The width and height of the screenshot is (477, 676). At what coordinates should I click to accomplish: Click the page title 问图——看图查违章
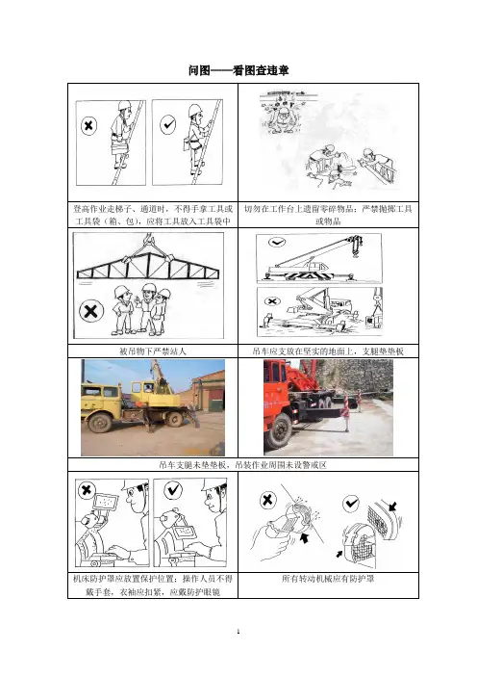pyautogui.click(x=238, y=70)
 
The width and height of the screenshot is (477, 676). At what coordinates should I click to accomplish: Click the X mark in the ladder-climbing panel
pyautogui.click(x=88, y=126)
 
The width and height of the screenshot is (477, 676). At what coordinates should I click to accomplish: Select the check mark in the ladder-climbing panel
pyautogui.click(x=167, y=125)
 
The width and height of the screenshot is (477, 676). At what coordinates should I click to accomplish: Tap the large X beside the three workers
pyautogui.click(x=90, y=311)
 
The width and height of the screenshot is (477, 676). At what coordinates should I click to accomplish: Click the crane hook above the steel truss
pyautogui.click(x=148, y=239)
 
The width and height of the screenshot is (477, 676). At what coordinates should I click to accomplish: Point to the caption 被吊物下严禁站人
pyautogui.click(x=153, y=351)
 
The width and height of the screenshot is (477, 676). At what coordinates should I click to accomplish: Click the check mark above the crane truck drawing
pyautogui.click(x=276, y=243)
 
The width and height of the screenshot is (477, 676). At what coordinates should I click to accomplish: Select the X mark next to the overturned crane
pyautogui.click(x=271, y=301)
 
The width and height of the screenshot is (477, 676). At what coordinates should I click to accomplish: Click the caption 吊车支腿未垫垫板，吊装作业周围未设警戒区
pyautogui.click(x=242, y=465)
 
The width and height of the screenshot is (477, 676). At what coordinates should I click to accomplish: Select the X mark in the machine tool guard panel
pyautogui.click(x=87, y=490)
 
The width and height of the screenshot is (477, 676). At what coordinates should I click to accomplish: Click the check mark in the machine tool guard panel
pyautogui.click(x=173, y=490)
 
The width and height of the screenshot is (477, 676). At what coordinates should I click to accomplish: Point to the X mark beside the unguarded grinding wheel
pyautogui.click(x=267, y=500)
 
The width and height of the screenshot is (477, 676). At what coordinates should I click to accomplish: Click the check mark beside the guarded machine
pyautogui.click(x=351, y=503)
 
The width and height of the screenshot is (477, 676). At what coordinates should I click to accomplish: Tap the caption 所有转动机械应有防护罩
pyautogui.click(x=328, y=579)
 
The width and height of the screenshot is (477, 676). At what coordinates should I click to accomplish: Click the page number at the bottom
pyautogui.click(x=238, y=632)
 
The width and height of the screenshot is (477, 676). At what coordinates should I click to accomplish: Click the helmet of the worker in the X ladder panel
pyautogui.click(x=124, y=105)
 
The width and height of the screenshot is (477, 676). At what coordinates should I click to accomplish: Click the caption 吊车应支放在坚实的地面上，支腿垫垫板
pyautogui.click(x=328, y=351)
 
